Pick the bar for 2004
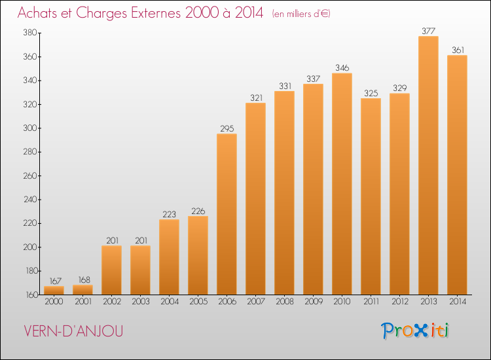[169, 257]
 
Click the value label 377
[428, 30]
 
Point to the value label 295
[227, 128]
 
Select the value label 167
[54, 281]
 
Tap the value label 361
[457, 50]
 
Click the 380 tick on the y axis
[29, 33]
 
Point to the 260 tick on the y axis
[29, 176]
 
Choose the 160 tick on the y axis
[29, 295]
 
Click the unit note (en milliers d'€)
[301, 14]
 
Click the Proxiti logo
[416, 331]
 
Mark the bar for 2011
[371, 196]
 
